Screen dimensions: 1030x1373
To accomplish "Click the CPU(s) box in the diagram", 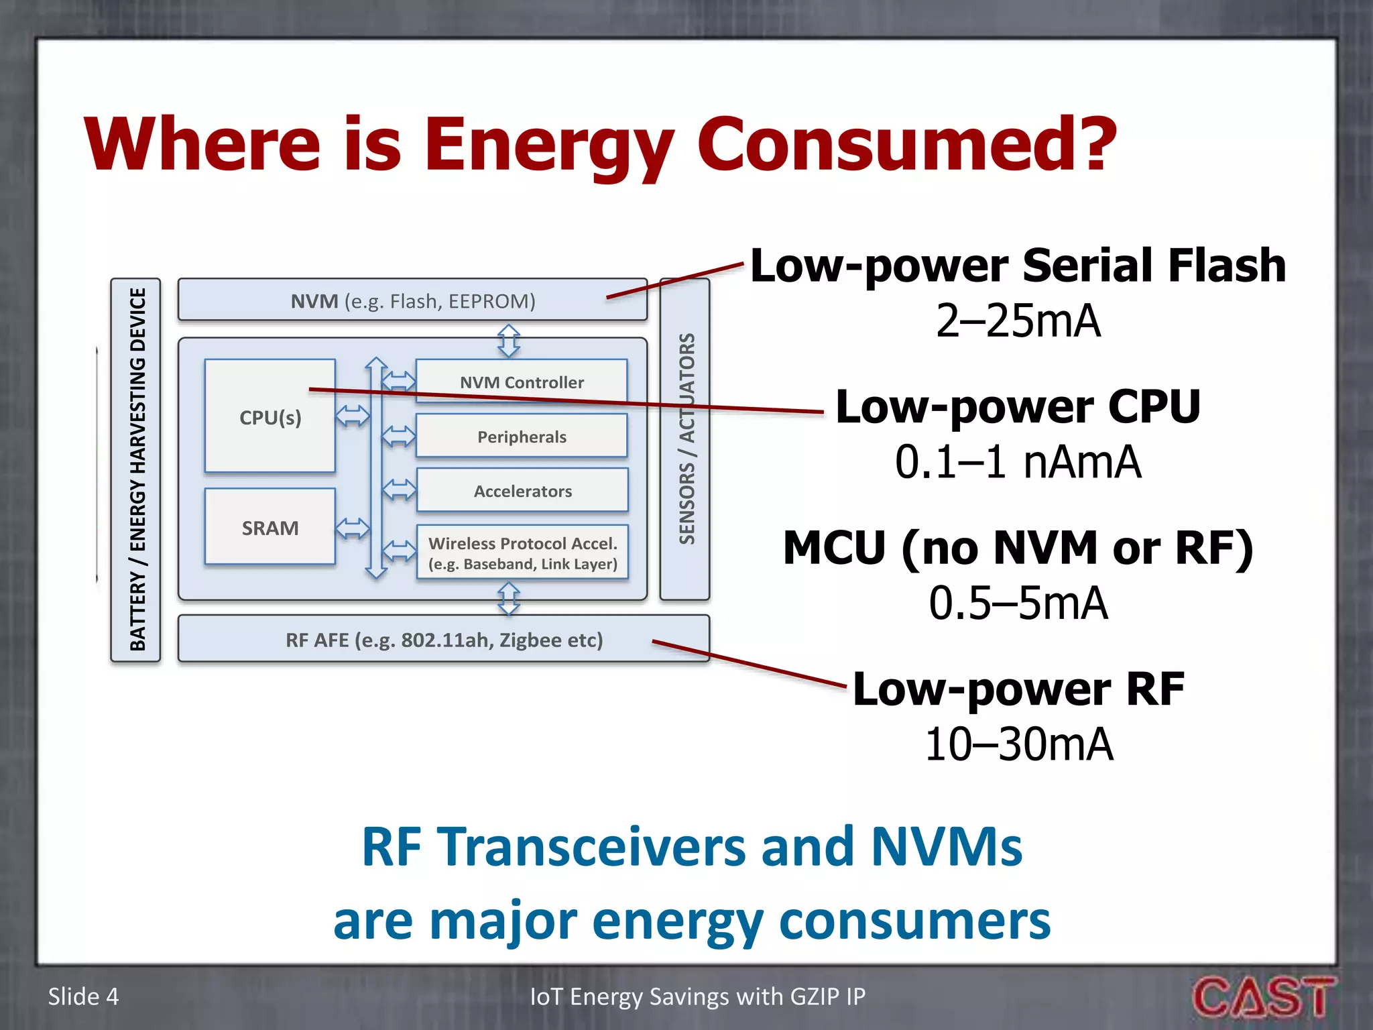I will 270,417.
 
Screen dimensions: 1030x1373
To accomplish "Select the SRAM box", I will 270,528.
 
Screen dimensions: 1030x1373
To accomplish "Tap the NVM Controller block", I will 522,382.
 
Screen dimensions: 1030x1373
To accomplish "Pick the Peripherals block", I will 522,437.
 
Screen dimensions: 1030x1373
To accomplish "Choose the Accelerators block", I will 522,491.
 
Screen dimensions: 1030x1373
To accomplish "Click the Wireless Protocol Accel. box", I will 522,553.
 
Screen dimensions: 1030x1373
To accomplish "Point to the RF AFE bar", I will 444,640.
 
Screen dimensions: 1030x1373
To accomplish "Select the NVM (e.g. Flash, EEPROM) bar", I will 412,301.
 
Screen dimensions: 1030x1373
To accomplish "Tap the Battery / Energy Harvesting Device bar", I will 136,469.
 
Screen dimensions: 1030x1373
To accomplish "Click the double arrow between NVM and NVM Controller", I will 509,340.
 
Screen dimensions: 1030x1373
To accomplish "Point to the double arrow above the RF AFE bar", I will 509,599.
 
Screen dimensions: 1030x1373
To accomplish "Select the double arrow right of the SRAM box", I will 353,528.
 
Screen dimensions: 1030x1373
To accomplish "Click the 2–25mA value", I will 1018,321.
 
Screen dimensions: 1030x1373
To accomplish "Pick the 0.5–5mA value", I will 1018,603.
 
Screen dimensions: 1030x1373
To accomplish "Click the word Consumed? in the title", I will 906,144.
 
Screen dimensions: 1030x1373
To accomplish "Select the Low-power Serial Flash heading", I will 1018,266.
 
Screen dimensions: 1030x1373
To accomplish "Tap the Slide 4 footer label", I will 83,996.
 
